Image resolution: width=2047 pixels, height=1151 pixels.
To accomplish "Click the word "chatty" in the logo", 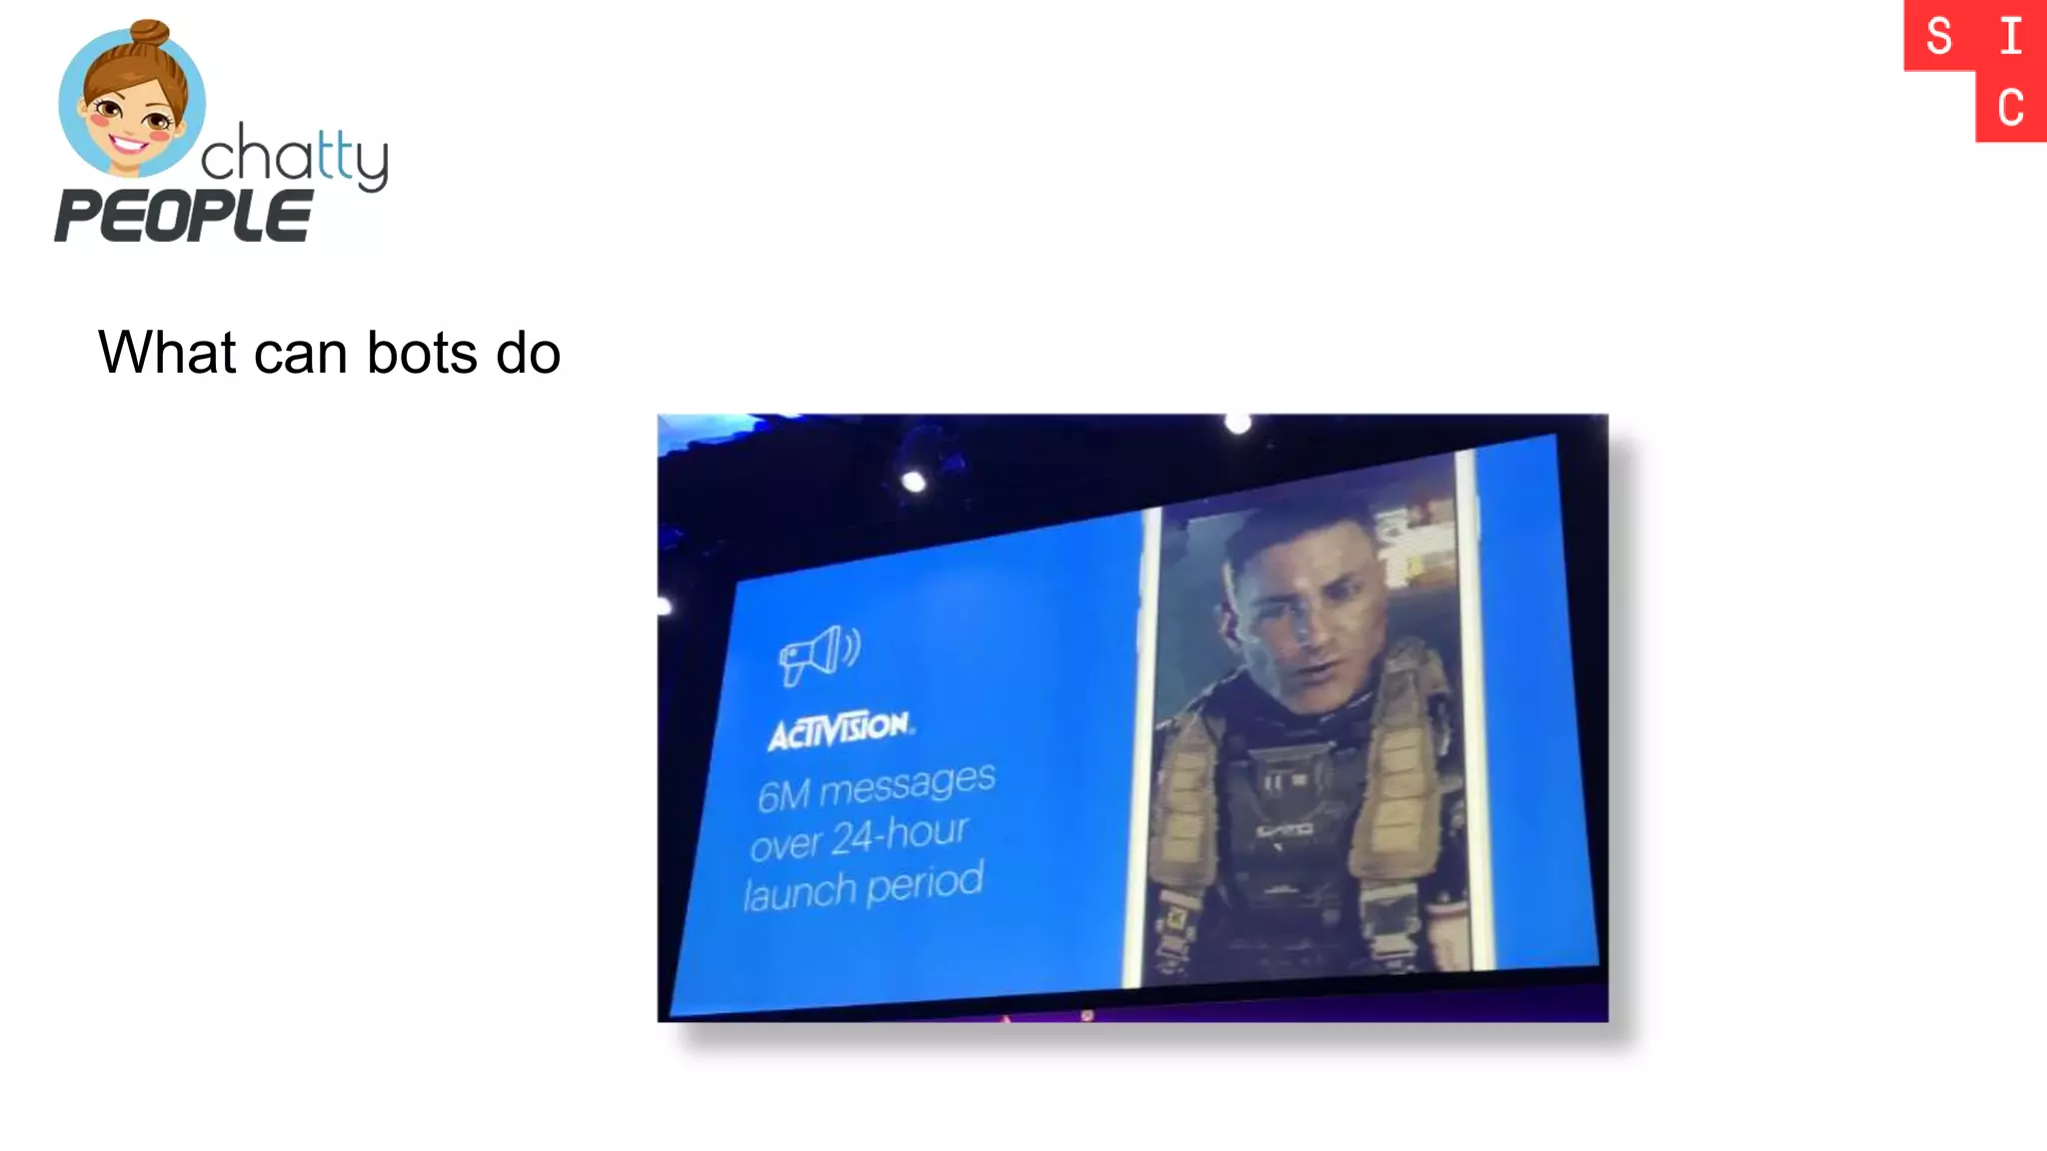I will pos(294,158).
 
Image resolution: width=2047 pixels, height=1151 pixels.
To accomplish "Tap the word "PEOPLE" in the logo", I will pos(183,216).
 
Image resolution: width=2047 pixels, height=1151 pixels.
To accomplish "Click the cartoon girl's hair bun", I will pos(149,33).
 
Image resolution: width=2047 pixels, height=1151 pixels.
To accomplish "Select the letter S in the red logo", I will pos(1939,37).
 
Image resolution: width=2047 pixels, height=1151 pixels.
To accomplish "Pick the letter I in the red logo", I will pos(2011,37).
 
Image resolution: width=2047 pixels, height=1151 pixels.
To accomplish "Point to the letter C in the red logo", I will pos(2011,107).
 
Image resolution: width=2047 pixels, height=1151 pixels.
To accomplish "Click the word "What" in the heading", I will pos(167,353).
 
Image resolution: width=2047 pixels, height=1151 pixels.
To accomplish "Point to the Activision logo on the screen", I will pos(840,729).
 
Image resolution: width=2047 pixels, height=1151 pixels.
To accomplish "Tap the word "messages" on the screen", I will pos(908,783).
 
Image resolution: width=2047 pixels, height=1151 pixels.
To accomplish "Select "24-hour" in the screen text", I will pos(900,835).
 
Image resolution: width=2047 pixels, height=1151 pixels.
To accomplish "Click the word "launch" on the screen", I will pos(798,891).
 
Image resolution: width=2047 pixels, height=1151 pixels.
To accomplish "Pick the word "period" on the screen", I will pos(925,882).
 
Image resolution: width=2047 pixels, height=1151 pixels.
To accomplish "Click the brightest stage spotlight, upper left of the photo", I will pos(914,482).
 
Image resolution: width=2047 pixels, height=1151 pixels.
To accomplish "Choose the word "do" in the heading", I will pos(528,353).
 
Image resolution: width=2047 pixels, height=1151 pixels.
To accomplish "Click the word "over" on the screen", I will pos(786,845).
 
